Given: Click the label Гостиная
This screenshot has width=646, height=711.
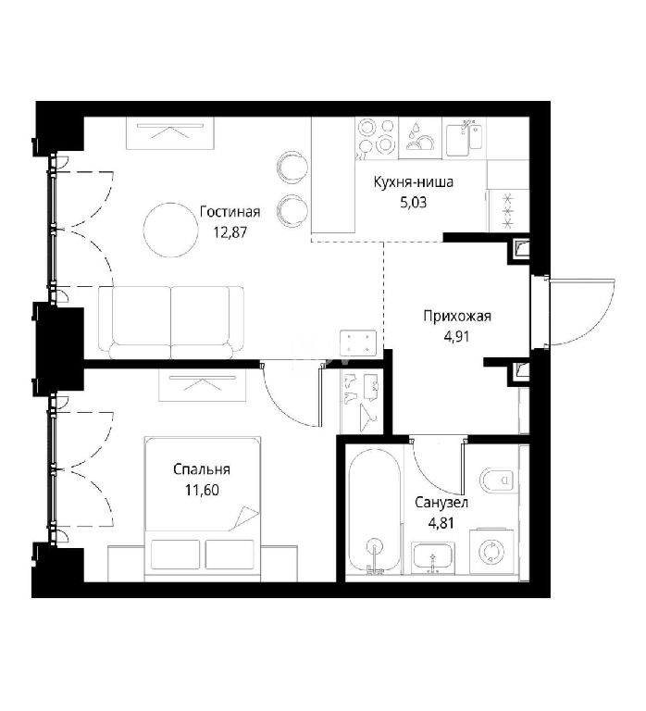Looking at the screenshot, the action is [230, 212].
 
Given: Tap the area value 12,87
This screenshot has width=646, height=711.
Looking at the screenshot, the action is [230, 232].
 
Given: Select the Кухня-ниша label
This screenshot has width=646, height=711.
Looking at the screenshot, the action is [413, 182].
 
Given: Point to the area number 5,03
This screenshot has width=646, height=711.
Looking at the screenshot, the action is [413, 202].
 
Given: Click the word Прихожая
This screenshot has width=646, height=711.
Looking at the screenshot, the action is [457, 316].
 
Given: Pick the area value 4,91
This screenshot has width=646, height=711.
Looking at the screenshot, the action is [457, 336].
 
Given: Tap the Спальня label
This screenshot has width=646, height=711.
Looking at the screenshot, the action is [201, 469].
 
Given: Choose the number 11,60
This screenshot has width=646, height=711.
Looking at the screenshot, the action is [201, 490].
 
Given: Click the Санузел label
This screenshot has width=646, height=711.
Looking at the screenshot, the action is [441, 503].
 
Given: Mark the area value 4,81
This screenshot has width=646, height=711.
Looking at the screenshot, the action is [441, 523].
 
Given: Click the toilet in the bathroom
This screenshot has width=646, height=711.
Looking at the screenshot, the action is [497, 480].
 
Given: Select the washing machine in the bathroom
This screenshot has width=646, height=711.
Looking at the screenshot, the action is [491, 552].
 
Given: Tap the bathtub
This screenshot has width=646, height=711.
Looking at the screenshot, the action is [375, 511].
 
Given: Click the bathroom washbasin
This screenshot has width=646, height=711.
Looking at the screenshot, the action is [431, 557].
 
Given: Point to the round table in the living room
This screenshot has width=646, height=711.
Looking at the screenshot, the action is [168, 230].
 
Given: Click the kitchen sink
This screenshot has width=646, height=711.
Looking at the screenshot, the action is [464, 135].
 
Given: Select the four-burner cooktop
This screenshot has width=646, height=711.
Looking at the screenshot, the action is [376, 137].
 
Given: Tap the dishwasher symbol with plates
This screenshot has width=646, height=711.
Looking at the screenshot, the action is [420, 137].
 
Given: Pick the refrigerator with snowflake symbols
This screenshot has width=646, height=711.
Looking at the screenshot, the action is [508, 211].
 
